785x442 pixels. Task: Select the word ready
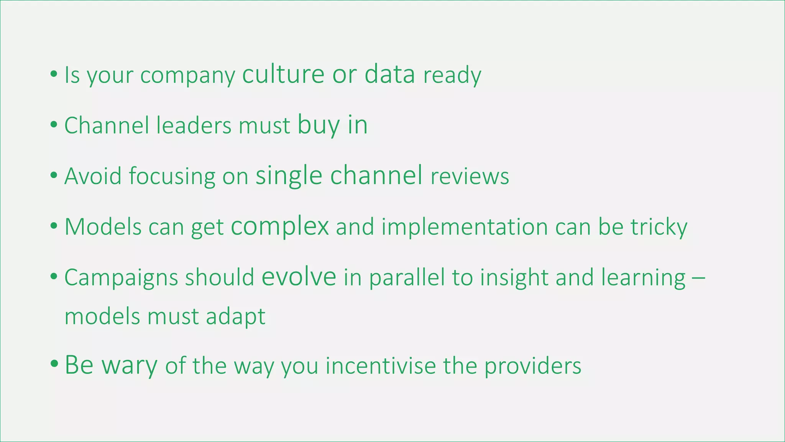[452, 75]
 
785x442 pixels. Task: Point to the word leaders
[194, 125]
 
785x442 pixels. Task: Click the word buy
[319, 125]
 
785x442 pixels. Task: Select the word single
[289, 176]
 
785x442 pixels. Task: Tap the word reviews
[470, 176]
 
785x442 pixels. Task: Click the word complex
[280, 227]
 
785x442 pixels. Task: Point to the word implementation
[465, 227]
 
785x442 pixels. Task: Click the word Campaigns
[121, 278]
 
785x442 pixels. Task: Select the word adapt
[235, 317]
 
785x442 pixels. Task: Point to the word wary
[129, 365]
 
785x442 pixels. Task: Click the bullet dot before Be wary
[54, 363]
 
